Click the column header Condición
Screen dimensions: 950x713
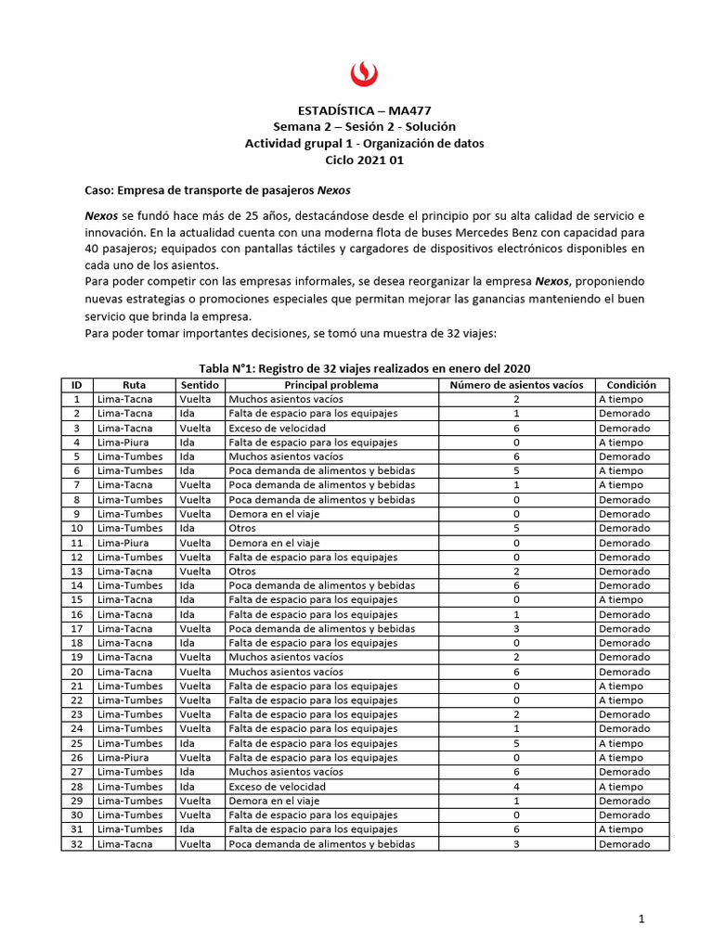click(631, 385)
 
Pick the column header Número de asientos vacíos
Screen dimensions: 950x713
click(516, 385)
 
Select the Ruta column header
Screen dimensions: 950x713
click(134, 385)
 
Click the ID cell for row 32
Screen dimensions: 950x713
click(76, 844)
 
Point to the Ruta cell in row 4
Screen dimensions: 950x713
click(121, 443)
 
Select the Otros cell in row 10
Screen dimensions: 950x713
click(242, 529)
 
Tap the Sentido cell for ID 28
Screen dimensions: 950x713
click(187, 787)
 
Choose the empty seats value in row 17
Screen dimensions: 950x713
click(516, 629)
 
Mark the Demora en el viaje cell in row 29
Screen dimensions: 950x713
click(274, 801)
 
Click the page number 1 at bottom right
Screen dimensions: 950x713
click(641, 918)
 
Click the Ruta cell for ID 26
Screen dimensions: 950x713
click(121, 758)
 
